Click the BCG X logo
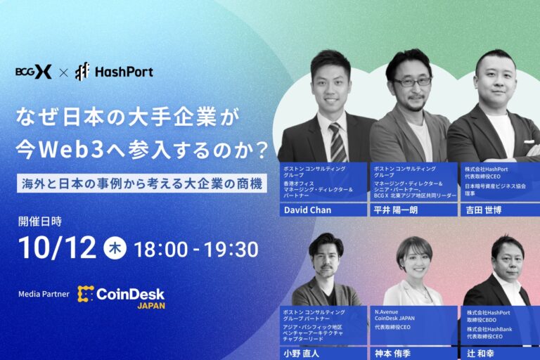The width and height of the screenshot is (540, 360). (x=33, y=71)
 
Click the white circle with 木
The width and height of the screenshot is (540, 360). (x=115, y=248)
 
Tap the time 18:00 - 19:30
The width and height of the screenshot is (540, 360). (x=195, y=249)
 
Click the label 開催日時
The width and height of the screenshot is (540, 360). (x=40, y=221)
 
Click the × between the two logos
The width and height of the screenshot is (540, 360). (x=63, y=72)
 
